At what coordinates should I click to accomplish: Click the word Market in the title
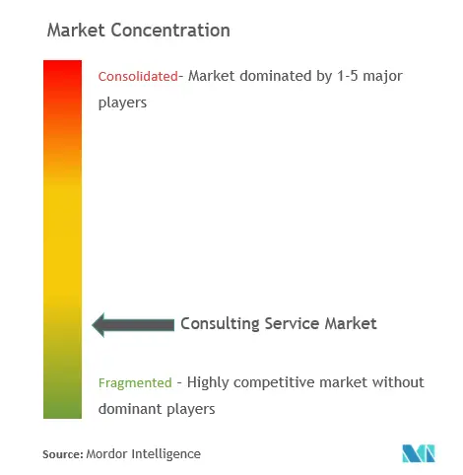(x=76, y=31)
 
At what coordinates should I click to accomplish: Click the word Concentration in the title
(x=170, y=31)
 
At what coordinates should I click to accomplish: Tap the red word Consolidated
(x=138, y=76)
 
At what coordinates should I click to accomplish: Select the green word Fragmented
(x=135, y=382)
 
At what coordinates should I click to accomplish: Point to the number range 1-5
(x=348, y=76)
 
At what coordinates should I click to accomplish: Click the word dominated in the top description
(x=276, y=76)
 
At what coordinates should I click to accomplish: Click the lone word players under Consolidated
(x=122, y=103)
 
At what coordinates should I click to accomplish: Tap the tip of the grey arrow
(x=93, y=325)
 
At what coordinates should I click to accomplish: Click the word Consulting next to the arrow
(x=220, y=324)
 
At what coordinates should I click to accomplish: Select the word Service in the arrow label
(x=292, y=323)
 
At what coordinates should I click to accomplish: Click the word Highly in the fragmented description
(x=208, y=383)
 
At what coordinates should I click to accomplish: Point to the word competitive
(x=274, y=383)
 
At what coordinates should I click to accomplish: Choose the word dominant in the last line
(x=130, y=409)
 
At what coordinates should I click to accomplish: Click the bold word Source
(x=63, y=454)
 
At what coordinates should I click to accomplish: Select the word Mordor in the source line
(x=106, y=454)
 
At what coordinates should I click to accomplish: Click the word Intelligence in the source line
(x=166, y=454)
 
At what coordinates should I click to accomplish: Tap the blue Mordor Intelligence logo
(x=419, y=453)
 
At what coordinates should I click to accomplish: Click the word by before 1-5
(x=324, y=77)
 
